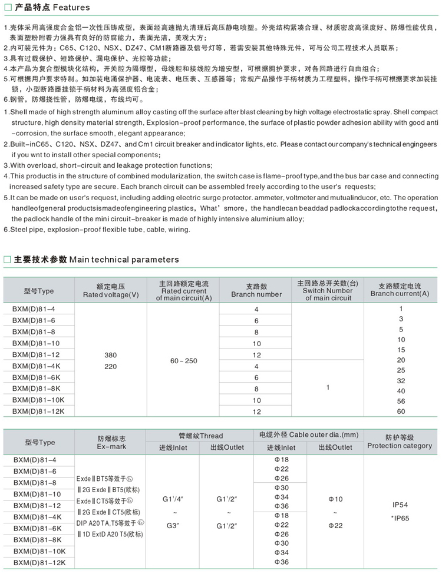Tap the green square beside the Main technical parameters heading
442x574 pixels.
pyautogui.click(x=7, y=260)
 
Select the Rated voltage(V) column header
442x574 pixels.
pyautogui.click(x=111, y=291)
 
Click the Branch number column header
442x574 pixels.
pyautogui.click(x=256, y=291)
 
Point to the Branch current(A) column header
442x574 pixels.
pyautogui.click(x=400, y=291)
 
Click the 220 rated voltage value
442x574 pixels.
pyautogui.click(x=111, y=366)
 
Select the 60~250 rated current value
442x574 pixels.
pyautogui.click(x=183, y=360)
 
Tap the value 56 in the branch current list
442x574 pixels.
pyautogui.click(x=401, y=401)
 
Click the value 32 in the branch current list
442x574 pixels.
pyautogui.click(x=401, y=380)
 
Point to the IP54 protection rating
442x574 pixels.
pyautogui.click(x=400, y=505)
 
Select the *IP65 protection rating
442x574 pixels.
pyautogui.click(x=400, y=517)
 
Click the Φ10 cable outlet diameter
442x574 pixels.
pyautogui.click(x=335, y=499)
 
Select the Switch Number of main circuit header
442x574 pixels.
pyautogui.click(x=328, y=291)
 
